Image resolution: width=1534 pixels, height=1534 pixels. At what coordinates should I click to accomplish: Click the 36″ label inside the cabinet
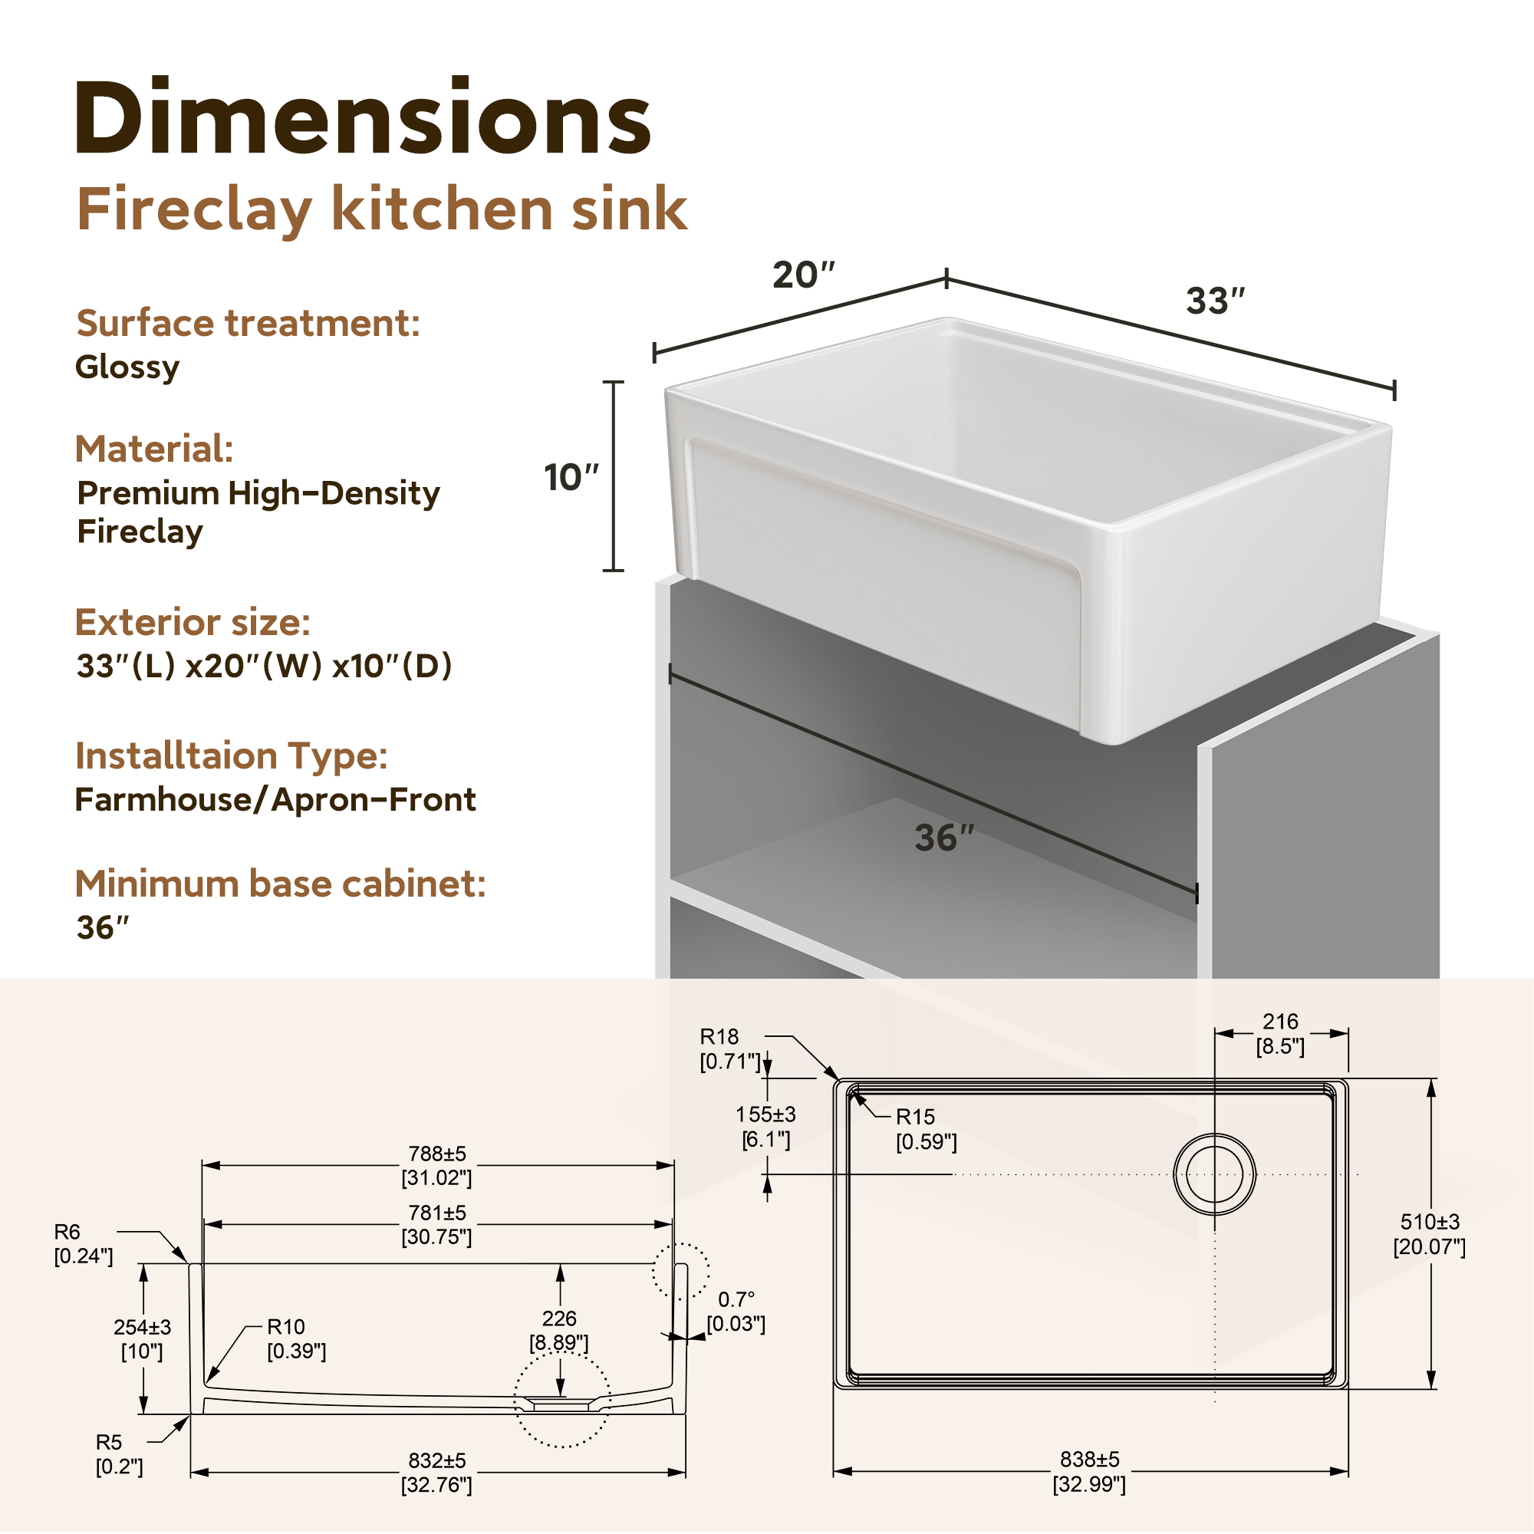(x=944, y=838)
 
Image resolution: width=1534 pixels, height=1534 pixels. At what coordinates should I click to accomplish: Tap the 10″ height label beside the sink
(x=571, y=477)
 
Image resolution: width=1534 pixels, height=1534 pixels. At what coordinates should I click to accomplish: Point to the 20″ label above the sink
(x=804, y=275)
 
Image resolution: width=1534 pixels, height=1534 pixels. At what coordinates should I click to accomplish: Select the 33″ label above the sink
(x=1216, y=301)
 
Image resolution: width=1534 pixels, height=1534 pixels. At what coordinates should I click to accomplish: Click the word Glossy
(x=127, y=367)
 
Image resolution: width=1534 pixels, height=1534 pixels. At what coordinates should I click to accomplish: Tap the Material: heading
(x=154, y=449)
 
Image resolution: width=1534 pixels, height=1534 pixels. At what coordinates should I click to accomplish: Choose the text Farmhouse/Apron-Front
(x=275, y=799)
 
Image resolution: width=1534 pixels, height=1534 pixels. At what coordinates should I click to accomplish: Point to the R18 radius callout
(x=719, y=1036)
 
